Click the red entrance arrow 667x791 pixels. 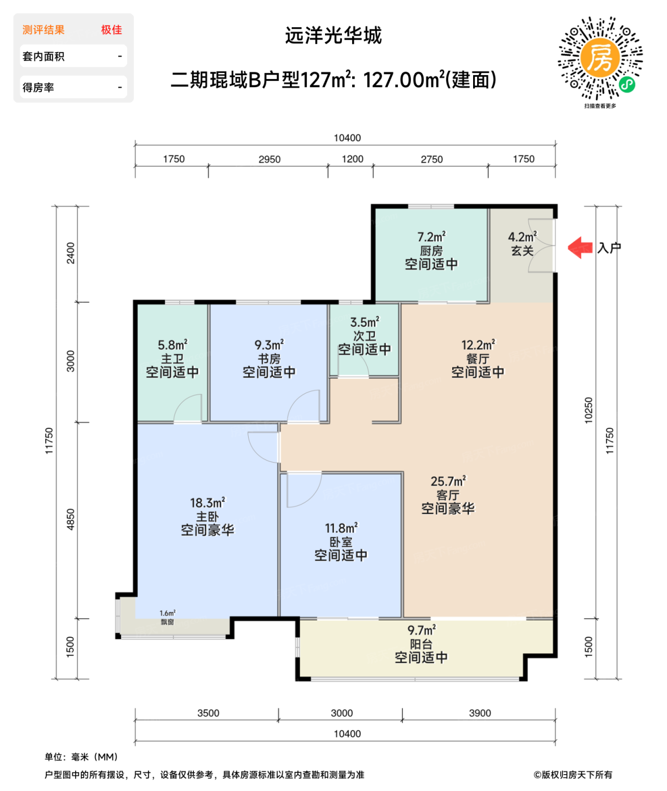[580, 247]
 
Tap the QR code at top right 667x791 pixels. [600, 59]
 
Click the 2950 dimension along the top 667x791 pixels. [270, 159]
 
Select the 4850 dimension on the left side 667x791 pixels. [71, 519]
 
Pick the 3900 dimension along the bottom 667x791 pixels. [480, 713]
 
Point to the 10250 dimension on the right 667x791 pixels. [588, 410]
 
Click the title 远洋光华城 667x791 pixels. [333, 36]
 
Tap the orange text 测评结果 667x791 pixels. [44, 30]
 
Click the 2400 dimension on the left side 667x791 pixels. [71, 253]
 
